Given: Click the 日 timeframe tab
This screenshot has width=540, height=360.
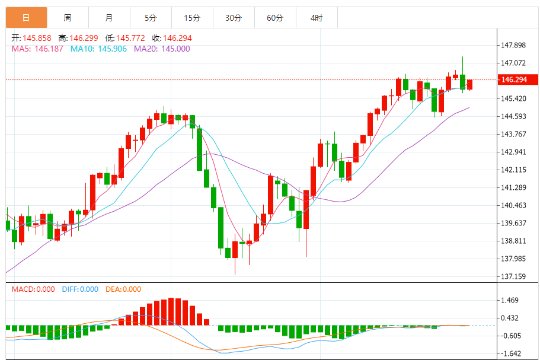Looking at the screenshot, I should [26, 18].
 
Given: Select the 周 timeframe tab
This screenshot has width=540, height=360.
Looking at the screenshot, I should [68, 18].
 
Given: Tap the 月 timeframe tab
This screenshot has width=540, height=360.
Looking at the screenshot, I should [109, 18].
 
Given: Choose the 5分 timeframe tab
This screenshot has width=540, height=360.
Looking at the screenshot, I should [151, 18].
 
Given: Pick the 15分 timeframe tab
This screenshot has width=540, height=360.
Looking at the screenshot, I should [192, 18].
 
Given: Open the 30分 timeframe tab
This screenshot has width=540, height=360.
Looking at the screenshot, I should [234, 18].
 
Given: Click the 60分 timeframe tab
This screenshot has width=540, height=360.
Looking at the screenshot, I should [275, 18].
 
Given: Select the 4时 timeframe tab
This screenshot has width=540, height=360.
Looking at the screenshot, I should [317, 18].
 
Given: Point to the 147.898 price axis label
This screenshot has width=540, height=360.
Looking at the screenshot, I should [514, 45].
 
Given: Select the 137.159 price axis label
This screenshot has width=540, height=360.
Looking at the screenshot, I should [514, 276].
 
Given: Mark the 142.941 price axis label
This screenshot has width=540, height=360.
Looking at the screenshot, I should [514, 152].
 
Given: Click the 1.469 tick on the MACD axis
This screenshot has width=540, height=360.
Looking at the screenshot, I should [510, 301].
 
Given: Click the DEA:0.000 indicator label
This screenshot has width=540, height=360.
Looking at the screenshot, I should [123, 289].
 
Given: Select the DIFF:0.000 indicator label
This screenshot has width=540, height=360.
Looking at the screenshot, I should [79, 289].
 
